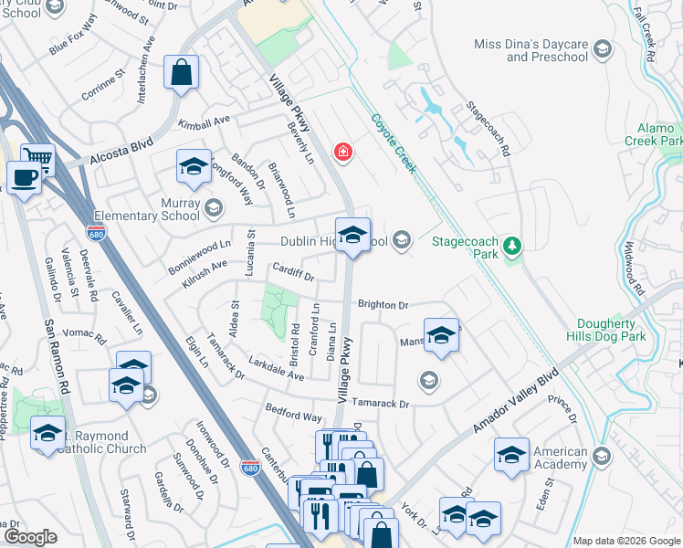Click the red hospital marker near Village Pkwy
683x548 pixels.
click(x=343, y=152)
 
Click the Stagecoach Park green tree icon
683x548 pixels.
click(x=512, y=245)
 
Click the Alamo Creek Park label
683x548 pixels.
click(x=653, y=135)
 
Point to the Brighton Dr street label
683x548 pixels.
click(x=383, y=305)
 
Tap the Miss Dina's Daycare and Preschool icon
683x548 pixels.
click(x=601, y=48)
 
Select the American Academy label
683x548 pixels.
click(x=560, y=458)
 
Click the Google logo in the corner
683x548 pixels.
click(x=31, y=536)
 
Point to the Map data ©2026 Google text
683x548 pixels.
click(x=626, y=541)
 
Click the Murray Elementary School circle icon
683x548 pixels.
click(x=213, y=208)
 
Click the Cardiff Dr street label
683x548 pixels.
click(x=293, y=272)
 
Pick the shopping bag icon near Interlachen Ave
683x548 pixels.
click(x=182, y=70)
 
